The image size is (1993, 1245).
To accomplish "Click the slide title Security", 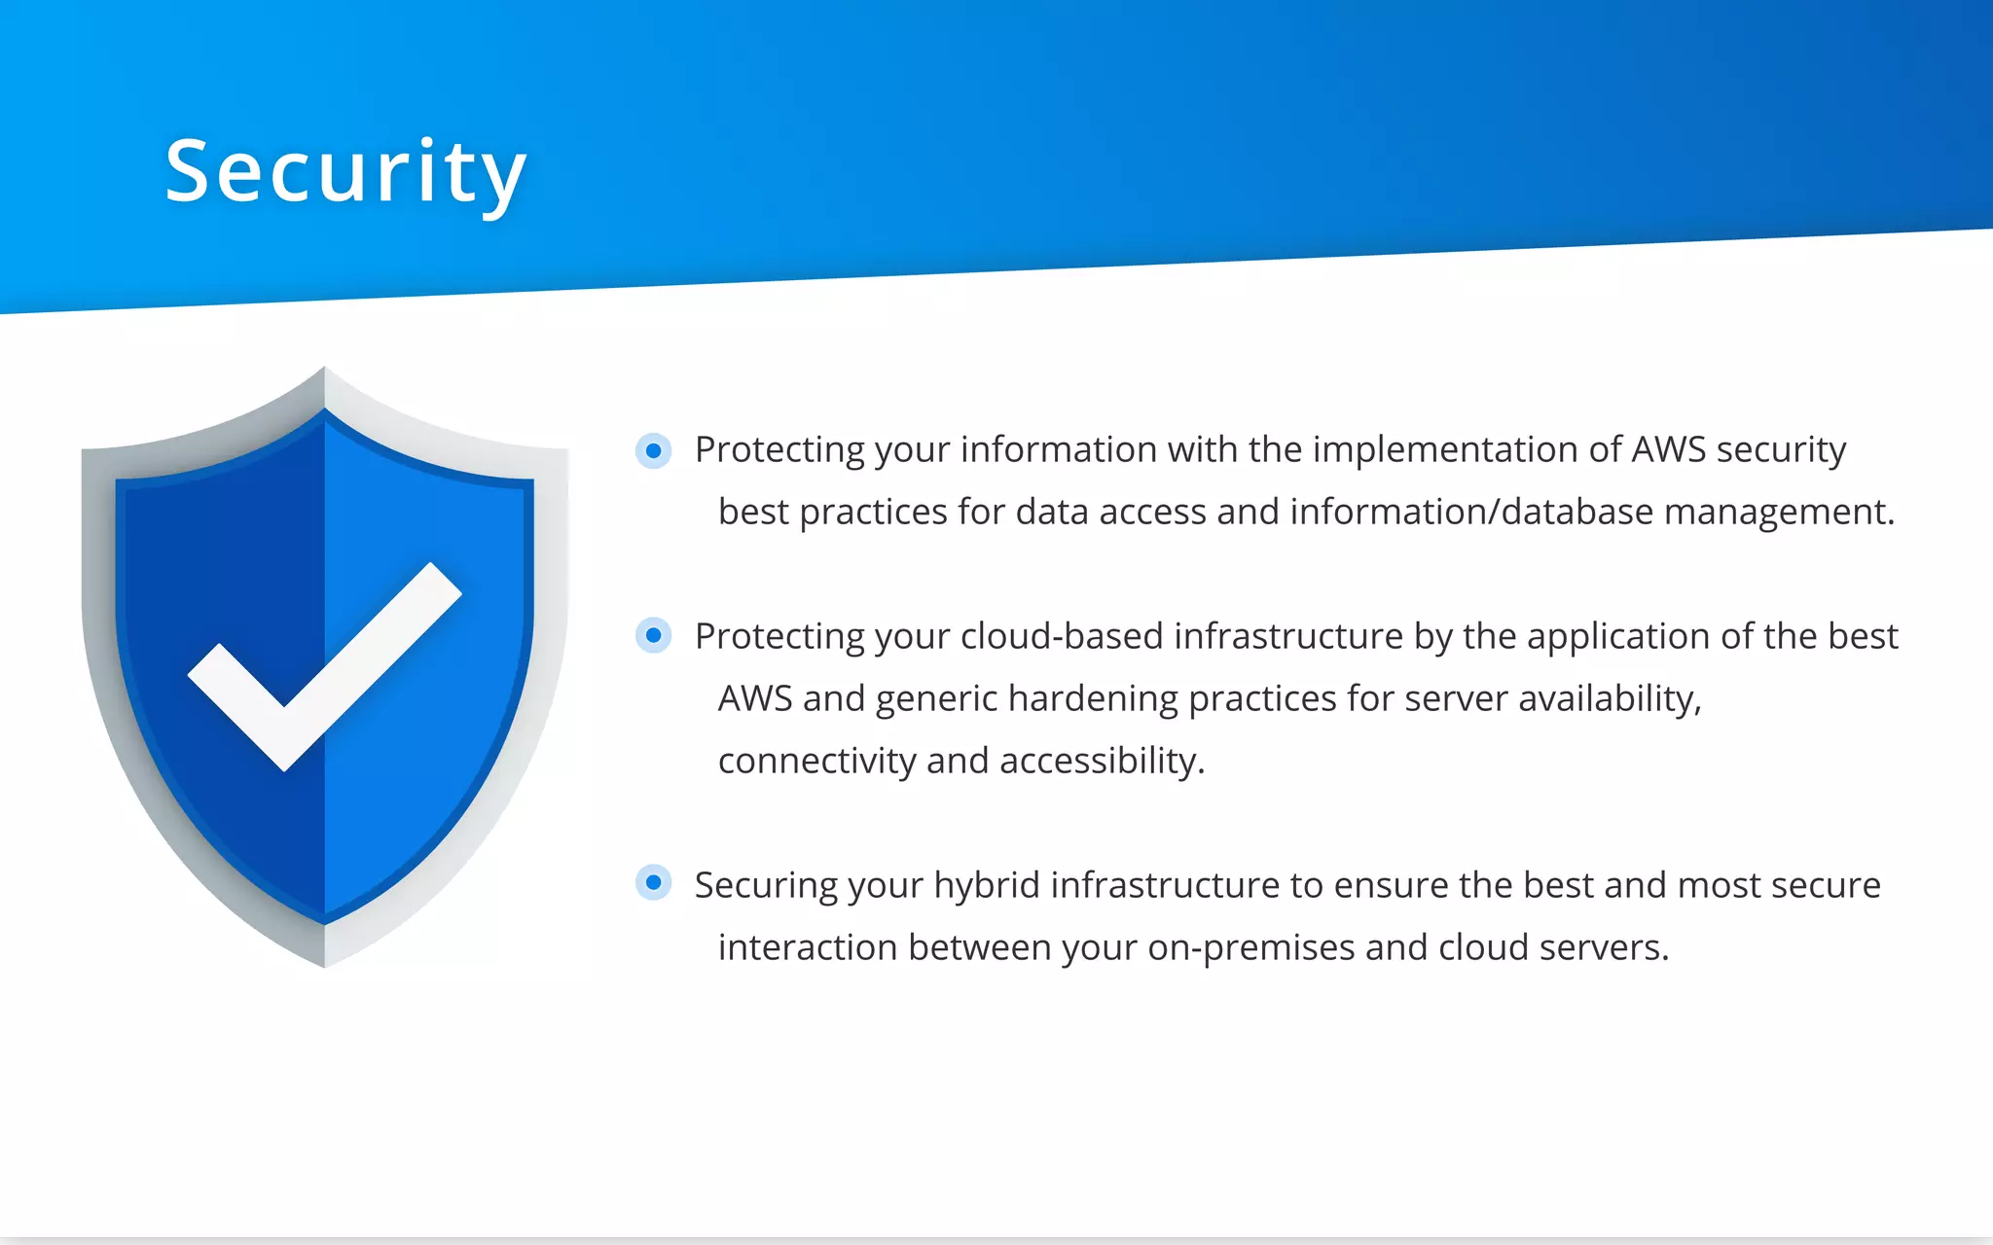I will click(x=345, y=173).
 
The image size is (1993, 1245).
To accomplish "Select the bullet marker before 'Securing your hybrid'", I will click(x=654, y=883).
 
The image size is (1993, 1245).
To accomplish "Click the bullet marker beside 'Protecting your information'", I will click(x=654, y=450).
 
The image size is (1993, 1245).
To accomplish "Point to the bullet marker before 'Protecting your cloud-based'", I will click(x=654, y=636).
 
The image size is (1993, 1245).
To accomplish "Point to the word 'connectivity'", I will click(x=816, y=762).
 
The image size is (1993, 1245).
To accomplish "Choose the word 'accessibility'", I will click(x=1101, y=762).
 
